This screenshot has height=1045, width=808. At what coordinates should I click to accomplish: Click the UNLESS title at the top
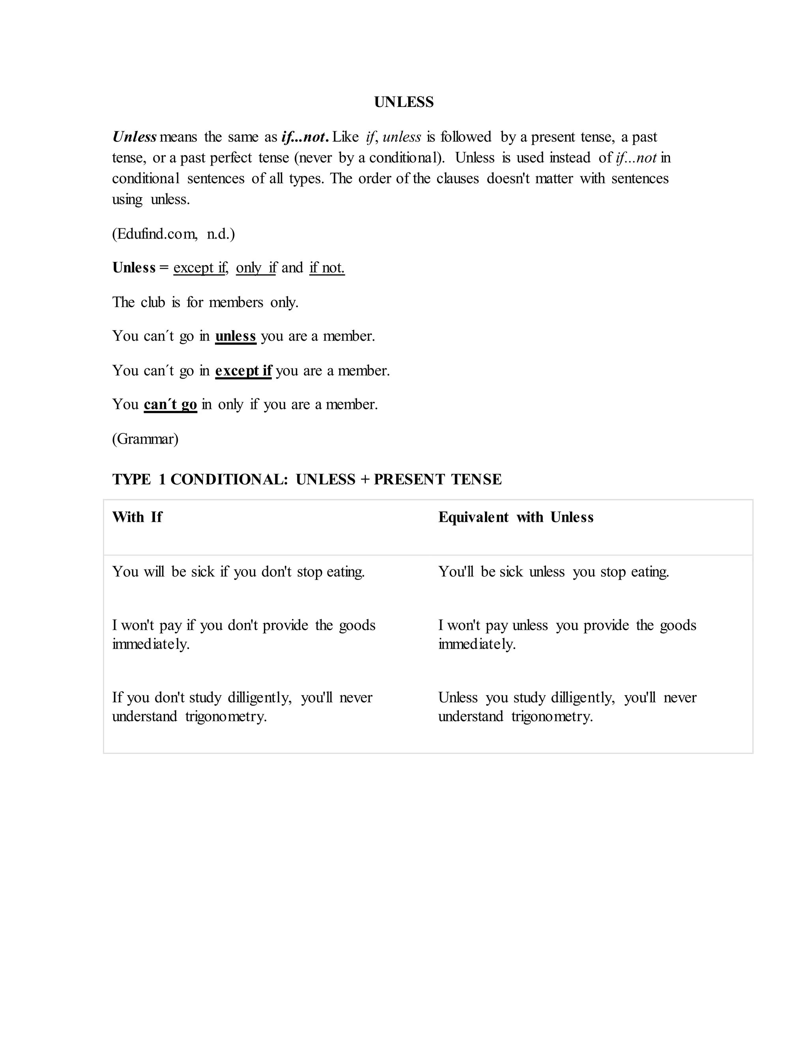tap(404, 102)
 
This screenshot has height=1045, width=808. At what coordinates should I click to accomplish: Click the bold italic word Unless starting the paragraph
tap(134, 137)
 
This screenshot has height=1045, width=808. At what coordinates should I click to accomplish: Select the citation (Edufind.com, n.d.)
tap(173, 234)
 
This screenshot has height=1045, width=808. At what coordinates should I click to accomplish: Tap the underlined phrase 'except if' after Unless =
tap(200, 267)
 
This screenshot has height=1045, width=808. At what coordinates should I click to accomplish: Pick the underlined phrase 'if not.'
tap(327, 267)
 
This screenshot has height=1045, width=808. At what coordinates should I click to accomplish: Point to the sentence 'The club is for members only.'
tap(205, 302)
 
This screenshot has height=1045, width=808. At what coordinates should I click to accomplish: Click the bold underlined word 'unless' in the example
tap(236, 336)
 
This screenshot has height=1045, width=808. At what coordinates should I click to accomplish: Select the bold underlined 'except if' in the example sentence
tap(243, 370)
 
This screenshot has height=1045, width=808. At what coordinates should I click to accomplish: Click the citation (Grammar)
tap(145, 439)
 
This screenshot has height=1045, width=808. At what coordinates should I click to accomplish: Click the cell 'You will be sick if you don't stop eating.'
tap(238, 572)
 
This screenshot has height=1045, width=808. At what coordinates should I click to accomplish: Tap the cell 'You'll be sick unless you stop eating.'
tap(554, 572)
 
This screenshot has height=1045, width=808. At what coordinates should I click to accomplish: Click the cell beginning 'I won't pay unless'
tap(567, 634)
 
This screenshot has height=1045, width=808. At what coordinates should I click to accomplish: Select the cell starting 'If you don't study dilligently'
tap(242, 707)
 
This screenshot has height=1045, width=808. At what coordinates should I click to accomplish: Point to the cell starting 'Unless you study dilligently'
tap(567, 707)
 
